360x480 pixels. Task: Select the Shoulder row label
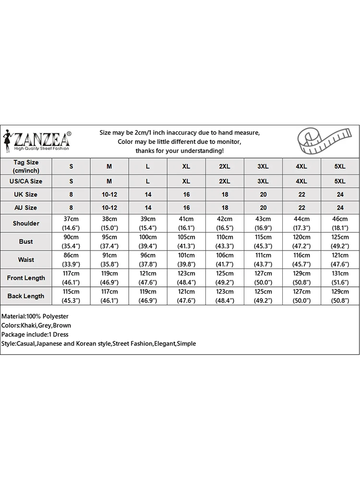click(26, 223)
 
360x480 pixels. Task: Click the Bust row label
click(26, 241)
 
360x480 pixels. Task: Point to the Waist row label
click(26, 260)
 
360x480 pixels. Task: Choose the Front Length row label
click(26, 278)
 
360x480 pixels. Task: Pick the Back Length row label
click(26, 296)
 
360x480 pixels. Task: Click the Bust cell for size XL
click(186, 241)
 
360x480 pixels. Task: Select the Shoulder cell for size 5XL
click(340, 223)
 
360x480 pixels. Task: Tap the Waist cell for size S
click(71, 260)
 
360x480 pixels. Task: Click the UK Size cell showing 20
click(263, 194)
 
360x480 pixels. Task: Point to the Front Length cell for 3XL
click(263, 278)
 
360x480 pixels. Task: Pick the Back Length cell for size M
click(109, 296)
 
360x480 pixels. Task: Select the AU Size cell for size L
click(148, 208)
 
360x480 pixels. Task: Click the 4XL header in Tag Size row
click(301, 166)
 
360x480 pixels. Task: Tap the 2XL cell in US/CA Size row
click(225, 181)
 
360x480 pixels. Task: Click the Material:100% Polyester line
click(35, 316)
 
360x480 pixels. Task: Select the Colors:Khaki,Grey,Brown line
click(36, 325)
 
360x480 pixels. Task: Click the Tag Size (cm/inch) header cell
click(26, 166)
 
